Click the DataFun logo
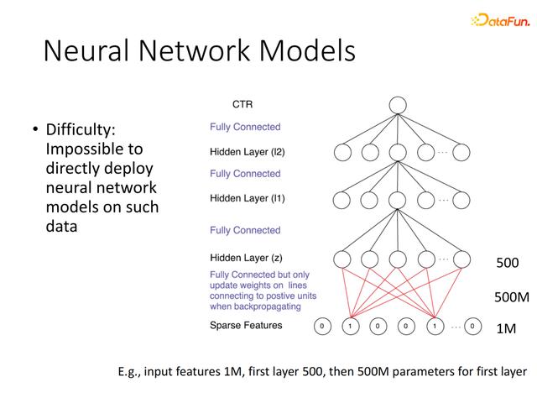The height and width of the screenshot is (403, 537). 500,20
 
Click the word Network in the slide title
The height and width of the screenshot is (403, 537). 194,50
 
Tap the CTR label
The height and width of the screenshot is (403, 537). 242,104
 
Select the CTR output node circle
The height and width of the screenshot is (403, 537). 398,105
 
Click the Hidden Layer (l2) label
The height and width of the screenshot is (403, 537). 248,152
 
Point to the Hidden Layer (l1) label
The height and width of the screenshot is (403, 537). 248,198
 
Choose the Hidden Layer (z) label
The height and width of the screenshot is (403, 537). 246,258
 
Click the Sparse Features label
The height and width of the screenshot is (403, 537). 246,325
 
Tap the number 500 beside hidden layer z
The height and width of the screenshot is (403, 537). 508,263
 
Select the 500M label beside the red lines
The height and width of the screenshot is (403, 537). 512,296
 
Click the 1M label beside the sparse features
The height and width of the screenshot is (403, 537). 506,328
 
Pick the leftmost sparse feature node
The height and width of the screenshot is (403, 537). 322,326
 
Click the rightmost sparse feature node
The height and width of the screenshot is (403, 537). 472,327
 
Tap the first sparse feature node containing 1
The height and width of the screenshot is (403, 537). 351,326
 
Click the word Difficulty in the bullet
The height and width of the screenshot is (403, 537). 81,130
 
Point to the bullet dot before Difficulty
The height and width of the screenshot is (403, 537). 35,129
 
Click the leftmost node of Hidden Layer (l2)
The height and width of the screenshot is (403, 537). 342,152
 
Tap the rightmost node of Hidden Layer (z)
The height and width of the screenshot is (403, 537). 461,259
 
